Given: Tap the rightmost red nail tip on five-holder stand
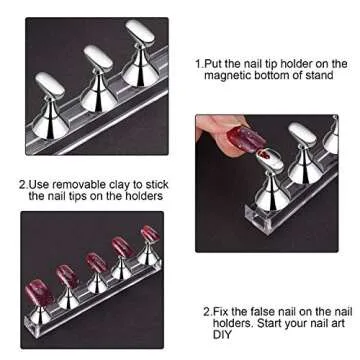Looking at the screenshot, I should (149, 235).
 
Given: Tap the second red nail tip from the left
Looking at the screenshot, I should (69, 275).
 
